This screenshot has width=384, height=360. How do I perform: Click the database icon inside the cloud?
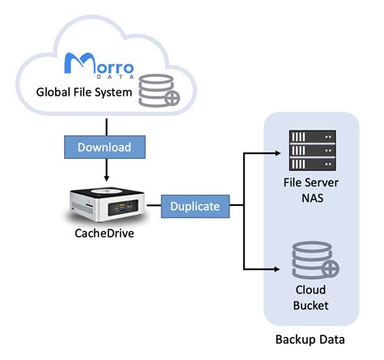pyautogui.click(x=156, y=92)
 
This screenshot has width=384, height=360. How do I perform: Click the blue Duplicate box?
pyautogui.click(x=194, y=206)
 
